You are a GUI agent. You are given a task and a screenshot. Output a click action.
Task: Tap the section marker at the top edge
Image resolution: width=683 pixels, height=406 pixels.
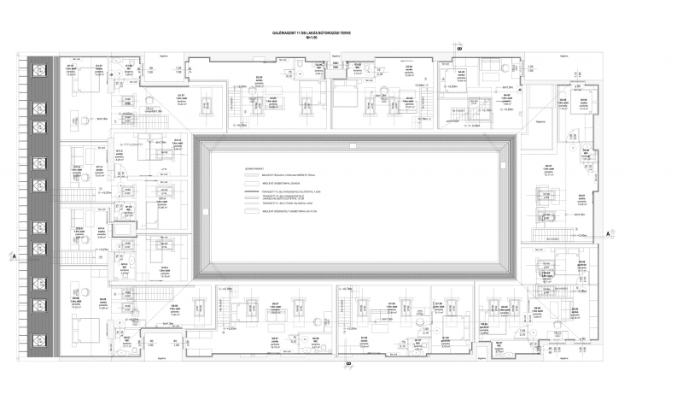click(458, 50)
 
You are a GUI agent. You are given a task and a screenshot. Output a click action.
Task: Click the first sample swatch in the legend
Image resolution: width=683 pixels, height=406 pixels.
click(251, 176)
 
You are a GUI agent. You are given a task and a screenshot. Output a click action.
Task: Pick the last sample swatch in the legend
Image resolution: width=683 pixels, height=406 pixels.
click(251, 210)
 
